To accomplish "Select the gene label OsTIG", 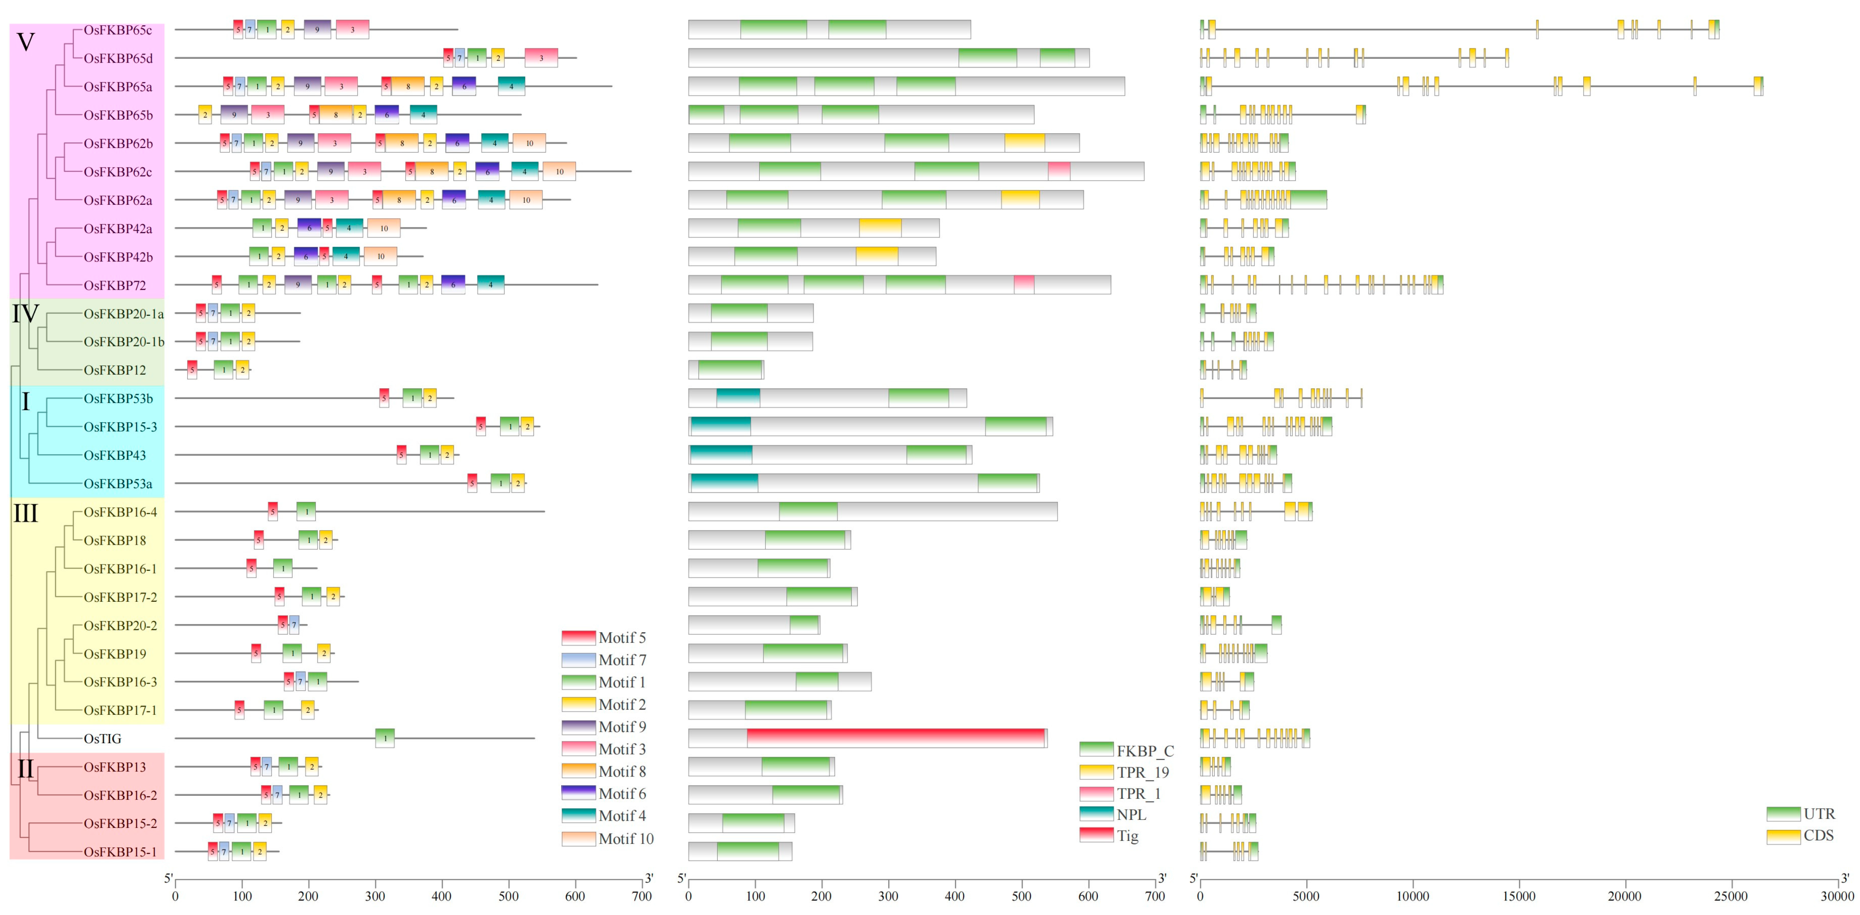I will tap(102, 738).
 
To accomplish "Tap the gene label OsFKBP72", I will tap(115, 285).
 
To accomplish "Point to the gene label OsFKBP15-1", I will tap(120, 852).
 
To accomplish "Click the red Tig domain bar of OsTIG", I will tap(896, 738).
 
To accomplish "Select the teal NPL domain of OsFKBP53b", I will tap(738, 398).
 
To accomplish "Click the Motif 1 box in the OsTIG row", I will tap(385, 738).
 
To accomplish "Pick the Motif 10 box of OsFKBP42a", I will tap(383, 228).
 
